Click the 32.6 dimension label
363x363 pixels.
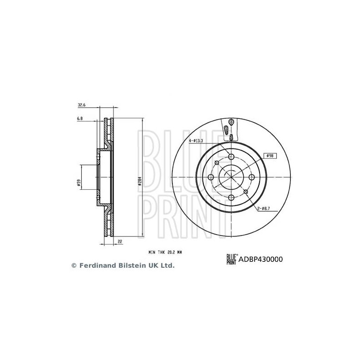(x=82, y=105)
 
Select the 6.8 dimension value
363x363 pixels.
(x=80, y=118)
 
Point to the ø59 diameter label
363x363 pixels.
(x=78, y=183)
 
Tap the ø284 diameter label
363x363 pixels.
(x=140, y=181)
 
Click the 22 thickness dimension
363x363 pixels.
(x=120, y=241)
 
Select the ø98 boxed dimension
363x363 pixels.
(x=270, y=156)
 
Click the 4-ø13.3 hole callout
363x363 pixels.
(x=196, y=141)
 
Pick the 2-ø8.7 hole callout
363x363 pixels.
(x=264, y=209)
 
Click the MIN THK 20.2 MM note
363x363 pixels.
(x=165, y=252)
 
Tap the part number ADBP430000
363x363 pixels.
(x=260, y=259)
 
